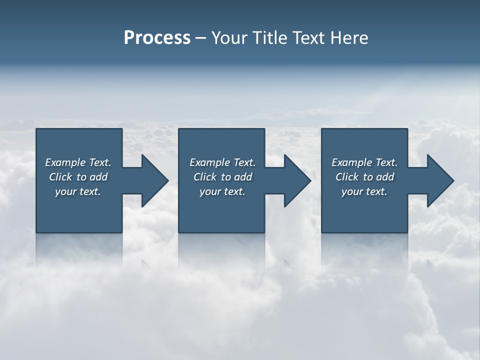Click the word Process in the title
point(157,38)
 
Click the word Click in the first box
point(60,177)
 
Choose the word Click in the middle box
point(205,177)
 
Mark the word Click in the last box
point(347,177)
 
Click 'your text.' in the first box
point(78,191)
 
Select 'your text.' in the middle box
point(222,191)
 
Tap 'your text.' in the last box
point(364,191)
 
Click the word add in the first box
point(99,177)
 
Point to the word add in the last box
point(385,177)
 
